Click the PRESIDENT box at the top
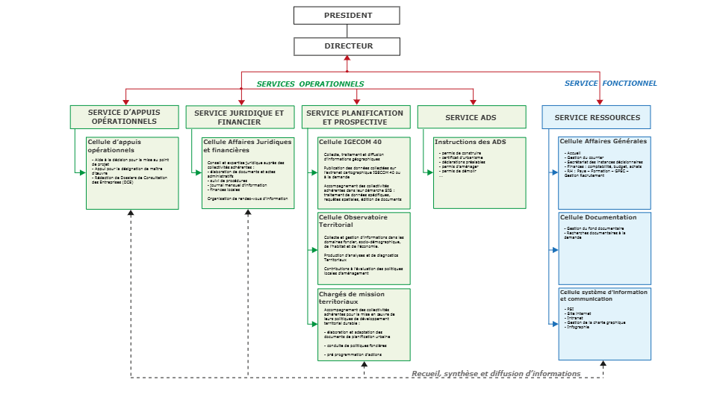[347, 16]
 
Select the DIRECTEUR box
[347, 46]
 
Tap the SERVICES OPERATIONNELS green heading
[310, 84]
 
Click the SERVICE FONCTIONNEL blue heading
[610, 84]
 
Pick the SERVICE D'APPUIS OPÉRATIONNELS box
[124, 117]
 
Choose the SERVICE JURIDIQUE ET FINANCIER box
[239, 117]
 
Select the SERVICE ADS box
[471, 117]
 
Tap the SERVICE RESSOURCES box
[597, 117]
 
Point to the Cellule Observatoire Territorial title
[353, 221]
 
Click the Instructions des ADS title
[470, 142]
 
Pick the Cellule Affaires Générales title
[603, 141]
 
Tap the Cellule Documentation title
[598, 218]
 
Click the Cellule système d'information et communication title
[604, 296]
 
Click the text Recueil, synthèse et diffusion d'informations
[496, 373]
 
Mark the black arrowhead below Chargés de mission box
[364, 365]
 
